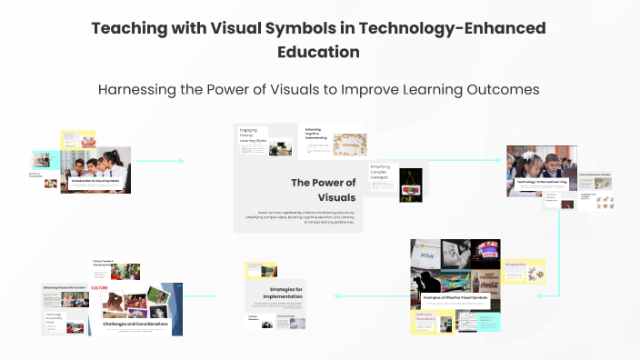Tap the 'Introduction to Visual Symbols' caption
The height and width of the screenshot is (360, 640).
pos(96,181)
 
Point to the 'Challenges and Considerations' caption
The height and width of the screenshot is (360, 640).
pos(141,324)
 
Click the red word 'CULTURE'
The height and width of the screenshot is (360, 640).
pos(99,287)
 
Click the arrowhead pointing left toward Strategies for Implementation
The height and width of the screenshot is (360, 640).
pos(336,295)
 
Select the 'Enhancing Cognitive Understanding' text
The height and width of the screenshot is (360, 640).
pos(319,133)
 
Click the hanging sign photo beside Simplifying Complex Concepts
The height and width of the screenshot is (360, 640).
pos(412,182)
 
